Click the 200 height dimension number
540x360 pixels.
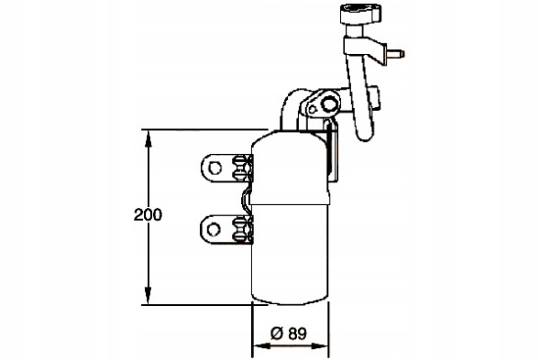[x=147, y=215]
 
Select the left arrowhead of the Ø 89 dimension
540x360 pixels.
[x=257, y=347]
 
